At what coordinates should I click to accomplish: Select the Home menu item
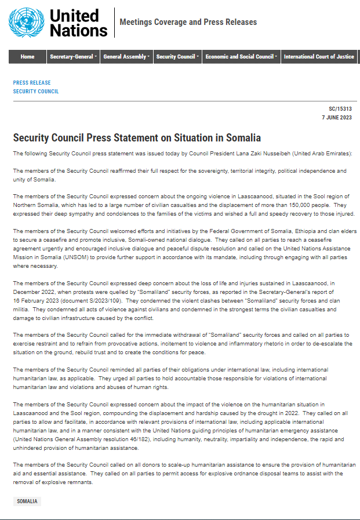point(27,57)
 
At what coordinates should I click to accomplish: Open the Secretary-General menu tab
point(73,57)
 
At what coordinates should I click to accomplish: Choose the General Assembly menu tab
point(126,57)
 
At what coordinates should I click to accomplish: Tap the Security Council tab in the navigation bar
point(177,57)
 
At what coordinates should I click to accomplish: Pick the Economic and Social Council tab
point(241,57)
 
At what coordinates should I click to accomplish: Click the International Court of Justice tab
point(319,57)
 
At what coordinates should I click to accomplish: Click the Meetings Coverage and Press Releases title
point(188,22)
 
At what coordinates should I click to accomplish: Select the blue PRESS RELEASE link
point(32,83)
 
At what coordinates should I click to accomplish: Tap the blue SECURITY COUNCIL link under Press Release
point(36,92)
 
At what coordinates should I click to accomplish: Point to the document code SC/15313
point(340,109)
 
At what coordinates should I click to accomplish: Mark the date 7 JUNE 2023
point(337,117)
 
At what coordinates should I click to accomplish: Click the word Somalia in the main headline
point(242,138)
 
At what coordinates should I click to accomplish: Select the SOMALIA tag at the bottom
point(27,501)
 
